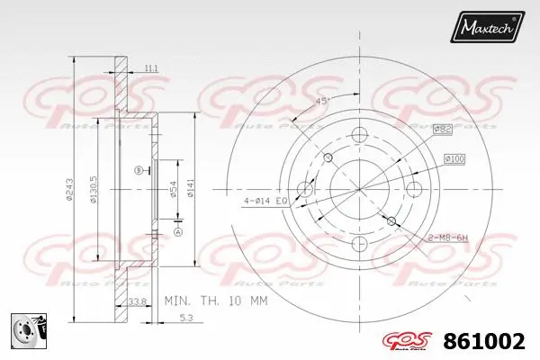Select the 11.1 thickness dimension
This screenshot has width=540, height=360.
click(x=150, y=67)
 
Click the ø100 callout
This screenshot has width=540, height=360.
click(x=454, y=159)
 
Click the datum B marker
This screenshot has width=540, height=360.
click(x=138, y=169)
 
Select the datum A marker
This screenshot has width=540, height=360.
click(x=176, y=232)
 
